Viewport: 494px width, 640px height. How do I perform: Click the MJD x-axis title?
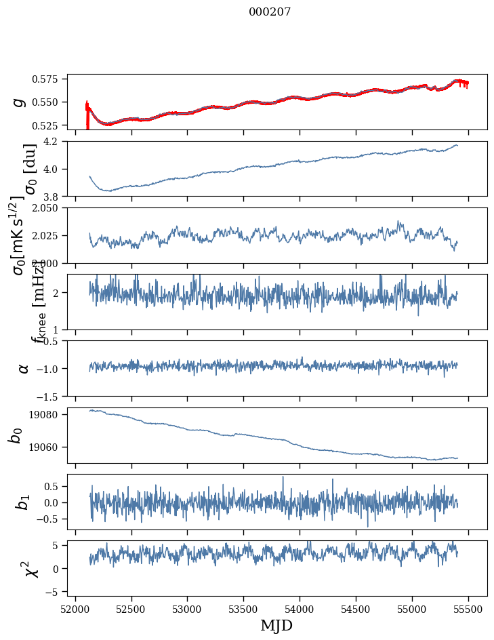click(x=276, y=625)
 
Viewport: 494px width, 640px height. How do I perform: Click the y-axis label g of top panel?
click(x=19, y=102)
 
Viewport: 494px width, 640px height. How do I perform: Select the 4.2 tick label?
click(x=55, y=142)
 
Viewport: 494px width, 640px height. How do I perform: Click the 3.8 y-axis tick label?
click(x=55, y=197)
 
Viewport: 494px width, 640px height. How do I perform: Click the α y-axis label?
click(x=24, y=368)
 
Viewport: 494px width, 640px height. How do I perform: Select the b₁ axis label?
click(x=24, y=502)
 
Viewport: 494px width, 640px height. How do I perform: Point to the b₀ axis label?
click(x=16, y=435)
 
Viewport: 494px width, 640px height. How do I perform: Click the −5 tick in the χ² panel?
click(x=57, y=592)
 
